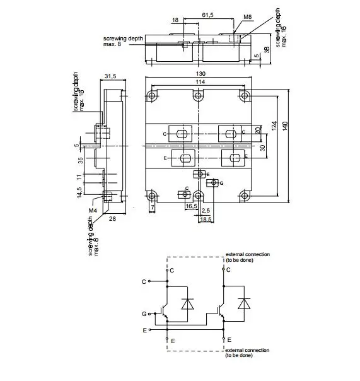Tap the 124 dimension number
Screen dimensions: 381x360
point(274,126)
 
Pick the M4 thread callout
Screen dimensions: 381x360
point(93,211)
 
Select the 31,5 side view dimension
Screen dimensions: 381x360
point(110,76)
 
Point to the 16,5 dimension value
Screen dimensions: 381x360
point(191,206)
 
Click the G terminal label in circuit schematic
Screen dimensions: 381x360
point(144,314)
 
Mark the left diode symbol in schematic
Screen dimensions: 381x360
point(187,303)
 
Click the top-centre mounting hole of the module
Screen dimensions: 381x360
point(199,96)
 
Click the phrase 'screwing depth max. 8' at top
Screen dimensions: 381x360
point(124,41)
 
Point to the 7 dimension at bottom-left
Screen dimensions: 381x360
point(153,207)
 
